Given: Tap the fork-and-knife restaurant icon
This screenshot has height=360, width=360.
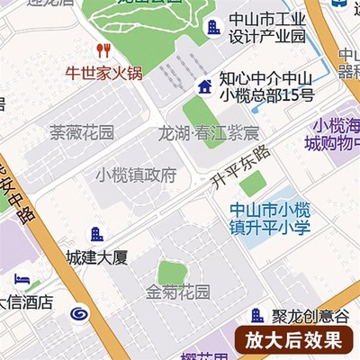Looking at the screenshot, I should (x=103, y=50).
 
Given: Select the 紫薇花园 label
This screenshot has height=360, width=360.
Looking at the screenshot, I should (x=82, y=133).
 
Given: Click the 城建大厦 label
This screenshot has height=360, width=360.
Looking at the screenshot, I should (x=97, y=257).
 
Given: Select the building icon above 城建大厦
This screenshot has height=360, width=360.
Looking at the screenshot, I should (x=97, y=234).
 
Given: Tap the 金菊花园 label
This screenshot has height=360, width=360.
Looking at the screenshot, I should (x=178, y=292).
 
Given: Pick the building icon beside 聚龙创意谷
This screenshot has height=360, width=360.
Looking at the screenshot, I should (x=257, y=315).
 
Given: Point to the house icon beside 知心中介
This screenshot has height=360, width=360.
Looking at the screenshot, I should (x=204, y=86).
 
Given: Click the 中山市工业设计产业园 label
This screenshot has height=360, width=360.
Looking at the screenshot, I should (x=268, y=28).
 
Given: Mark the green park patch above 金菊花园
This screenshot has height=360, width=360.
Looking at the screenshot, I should (x=170, y=271).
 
